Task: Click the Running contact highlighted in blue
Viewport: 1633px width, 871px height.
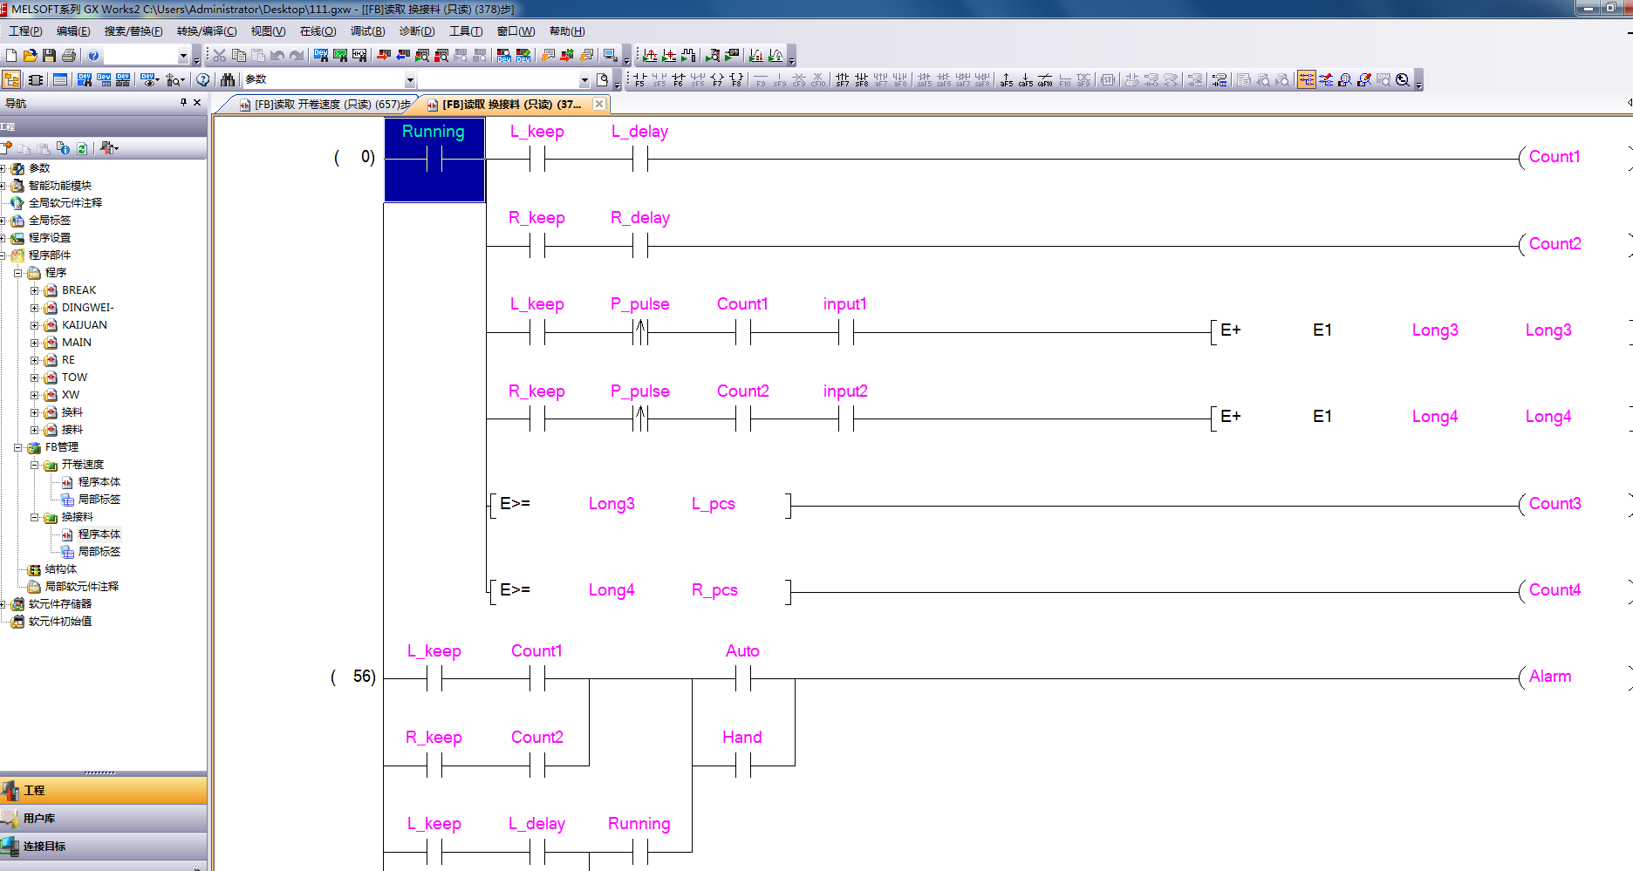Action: tap(434, 160)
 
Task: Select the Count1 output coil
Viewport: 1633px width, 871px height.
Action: tap(1554, 157)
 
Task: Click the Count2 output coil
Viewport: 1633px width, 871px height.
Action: tap(1554, 244)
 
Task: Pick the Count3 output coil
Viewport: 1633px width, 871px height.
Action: tap(1554, 504)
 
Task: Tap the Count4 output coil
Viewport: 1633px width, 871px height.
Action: tap(1554, 590)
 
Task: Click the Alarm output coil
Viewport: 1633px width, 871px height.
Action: tap(1549, 677)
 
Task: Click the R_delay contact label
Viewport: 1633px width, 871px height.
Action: tap(639, 218)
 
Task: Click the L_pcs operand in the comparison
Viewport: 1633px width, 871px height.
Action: tap(713, 504)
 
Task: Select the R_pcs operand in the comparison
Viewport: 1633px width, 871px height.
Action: tap(714, 590)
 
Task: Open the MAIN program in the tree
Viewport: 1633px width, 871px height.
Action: tap(77, 343)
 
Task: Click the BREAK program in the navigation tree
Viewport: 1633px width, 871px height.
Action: tap(79, 290)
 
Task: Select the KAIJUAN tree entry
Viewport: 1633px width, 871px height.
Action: tap(84, 325)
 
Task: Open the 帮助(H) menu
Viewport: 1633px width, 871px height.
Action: tap(567, 31)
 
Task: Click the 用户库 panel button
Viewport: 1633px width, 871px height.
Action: tap(39, 819)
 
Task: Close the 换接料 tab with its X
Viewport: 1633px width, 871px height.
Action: tap(599, 104)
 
